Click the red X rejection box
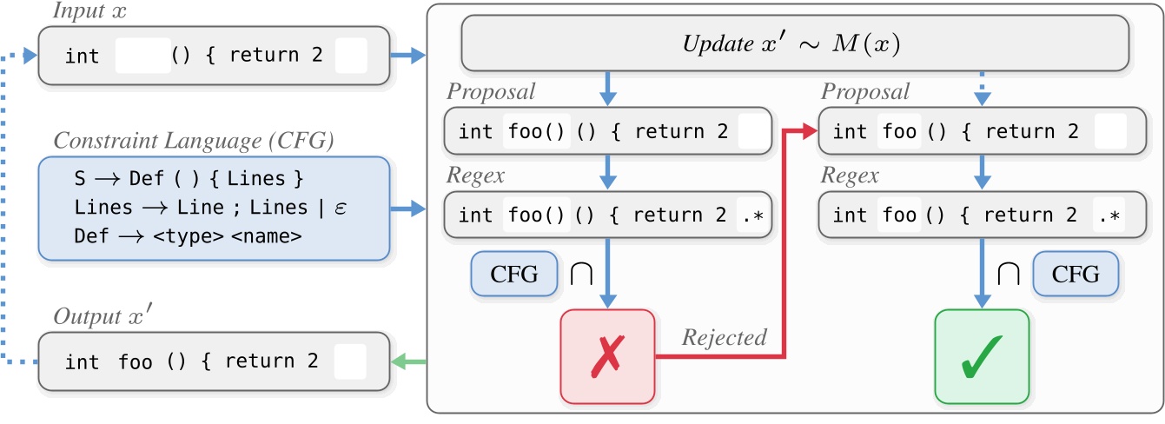pos(607,355)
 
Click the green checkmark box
pos(981,355)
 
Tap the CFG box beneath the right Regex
pos(1075,275)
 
